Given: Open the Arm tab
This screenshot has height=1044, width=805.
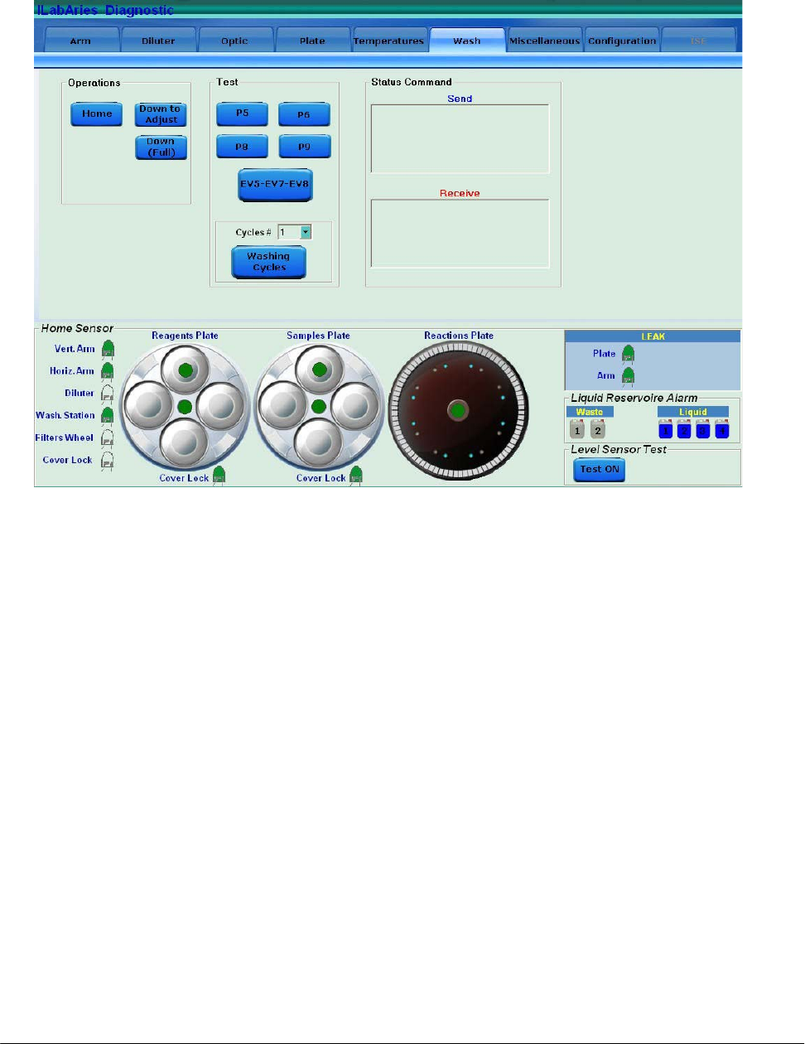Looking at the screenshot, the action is click(x=80, y=41).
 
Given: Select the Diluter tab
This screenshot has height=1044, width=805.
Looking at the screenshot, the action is click(x=158, y=41).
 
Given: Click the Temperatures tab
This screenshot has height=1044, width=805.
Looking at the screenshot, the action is click(x=388, y=41).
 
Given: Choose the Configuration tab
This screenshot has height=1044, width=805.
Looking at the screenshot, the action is click(x=622, y=41).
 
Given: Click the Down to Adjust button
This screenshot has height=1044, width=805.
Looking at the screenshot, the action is click(x=161, y=114).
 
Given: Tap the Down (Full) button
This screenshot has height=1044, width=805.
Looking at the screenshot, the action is click(x=161, y=147).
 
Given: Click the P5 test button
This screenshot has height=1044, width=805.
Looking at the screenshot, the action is click(x=242, y=114).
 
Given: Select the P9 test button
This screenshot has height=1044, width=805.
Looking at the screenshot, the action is click(x=304, y=147).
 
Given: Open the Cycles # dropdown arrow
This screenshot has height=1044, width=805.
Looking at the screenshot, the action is click(x=306, y=233).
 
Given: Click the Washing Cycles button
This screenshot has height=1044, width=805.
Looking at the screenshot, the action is click(x=268, y=262).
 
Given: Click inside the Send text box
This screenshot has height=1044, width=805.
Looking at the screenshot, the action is click(x=460, y=138).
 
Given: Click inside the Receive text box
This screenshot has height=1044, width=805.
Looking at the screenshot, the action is click(x=460, y=233).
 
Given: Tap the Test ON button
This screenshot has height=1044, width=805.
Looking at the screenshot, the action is click(x=600, y=469).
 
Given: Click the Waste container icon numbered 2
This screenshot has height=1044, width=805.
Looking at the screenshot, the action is click(x=598, y=429).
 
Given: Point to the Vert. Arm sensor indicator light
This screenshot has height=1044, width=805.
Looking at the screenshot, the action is click(x=107, y=349).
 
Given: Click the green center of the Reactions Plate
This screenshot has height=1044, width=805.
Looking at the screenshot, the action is click(x=458, y=410).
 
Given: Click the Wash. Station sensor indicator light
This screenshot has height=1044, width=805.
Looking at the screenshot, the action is click(x=107, y=415).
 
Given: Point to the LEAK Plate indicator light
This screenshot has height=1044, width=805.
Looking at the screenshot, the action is click(x=629, y=355).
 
